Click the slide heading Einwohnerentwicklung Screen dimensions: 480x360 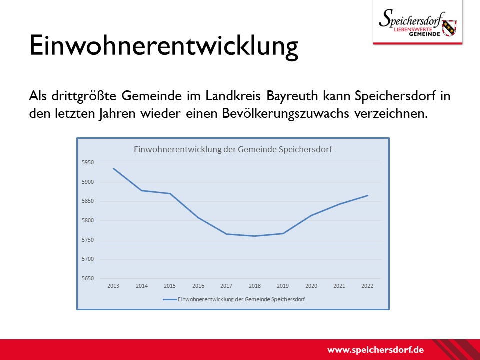click(164, 46)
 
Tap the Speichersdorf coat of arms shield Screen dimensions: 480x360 click(449, 28)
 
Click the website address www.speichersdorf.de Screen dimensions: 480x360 click(375, 350)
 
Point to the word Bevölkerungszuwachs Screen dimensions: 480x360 click(285, 114)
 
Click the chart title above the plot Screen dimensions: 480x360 click(233, 149)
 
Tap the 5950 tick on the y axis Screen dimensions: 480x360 click(88, 163)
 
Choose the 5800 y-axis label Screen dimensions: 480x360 click(88, 220)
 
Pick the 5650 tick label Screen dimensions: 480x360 click(88, 278)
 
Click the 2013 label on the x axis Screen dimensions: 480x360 click(113, 286)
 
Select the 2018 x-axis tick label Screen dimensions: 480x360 click(254, 286)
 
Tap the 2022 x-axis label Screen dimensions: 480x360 click(367, 286)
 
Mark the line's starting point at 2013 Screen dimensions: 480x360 click(113, 168)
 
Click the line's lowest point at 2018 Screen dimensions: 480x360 click(254, 236)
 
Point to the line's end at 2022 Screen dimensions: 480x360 click(367, 195)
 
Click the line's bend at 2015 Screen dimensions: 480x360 click(170, 194)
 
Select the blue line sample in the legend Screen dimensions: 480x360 click(170, 299)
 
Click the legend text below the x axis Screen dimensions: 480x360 click(241, 299)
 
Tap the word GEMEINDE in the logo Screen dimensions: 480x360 click(424, 34)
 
